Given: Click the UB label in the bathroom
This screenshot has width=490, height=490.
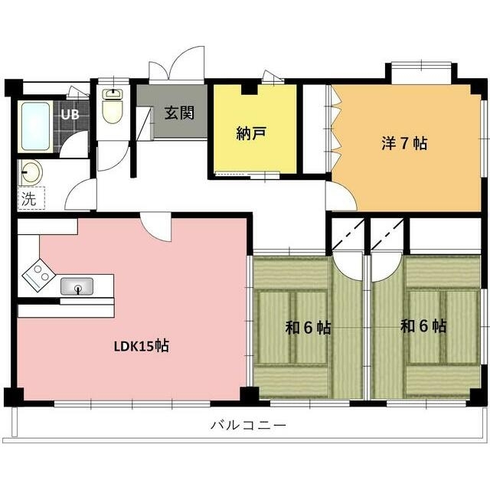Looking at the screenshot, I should click(x=70, y=115).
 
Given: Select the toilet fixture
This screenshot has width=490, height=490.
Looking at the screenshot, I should click(x=112, y=108).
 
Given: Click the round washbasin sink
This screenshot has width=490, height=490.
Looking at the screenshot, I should click(x=32, y=172).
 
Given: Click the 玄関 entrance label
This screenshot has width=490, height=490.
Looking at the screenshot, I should click(x=179, y=113).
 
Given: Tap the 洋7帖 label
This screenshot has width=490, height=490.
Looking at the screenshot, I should click(x=404, y=143).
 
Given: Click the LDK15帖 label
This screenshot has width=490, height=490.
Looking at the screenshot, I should click(x=141, y=346).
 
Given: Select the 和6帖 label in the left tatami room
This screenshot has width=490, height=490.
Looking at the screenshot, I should click(x=308, y=328).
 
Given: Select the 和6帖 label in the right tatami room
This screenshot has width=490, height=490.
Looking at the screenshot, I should click(x=423, y=326).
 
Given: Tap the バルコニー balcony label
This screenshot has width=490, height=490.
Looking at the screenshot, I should click(x=247, y=425).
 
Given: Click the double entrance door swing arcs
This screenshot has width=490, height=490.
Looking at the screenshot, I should click(x=177, y=65).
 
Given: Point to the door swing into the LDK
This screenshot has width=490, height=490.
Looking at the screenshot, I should click(x=156, y=227).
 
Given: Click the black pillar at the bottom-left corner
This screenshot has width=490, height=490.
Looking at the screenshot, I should click(x=13, y=397).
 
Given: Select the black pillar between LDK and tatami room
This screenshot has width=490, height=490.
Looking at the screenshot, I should click(x=249, y=396).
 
